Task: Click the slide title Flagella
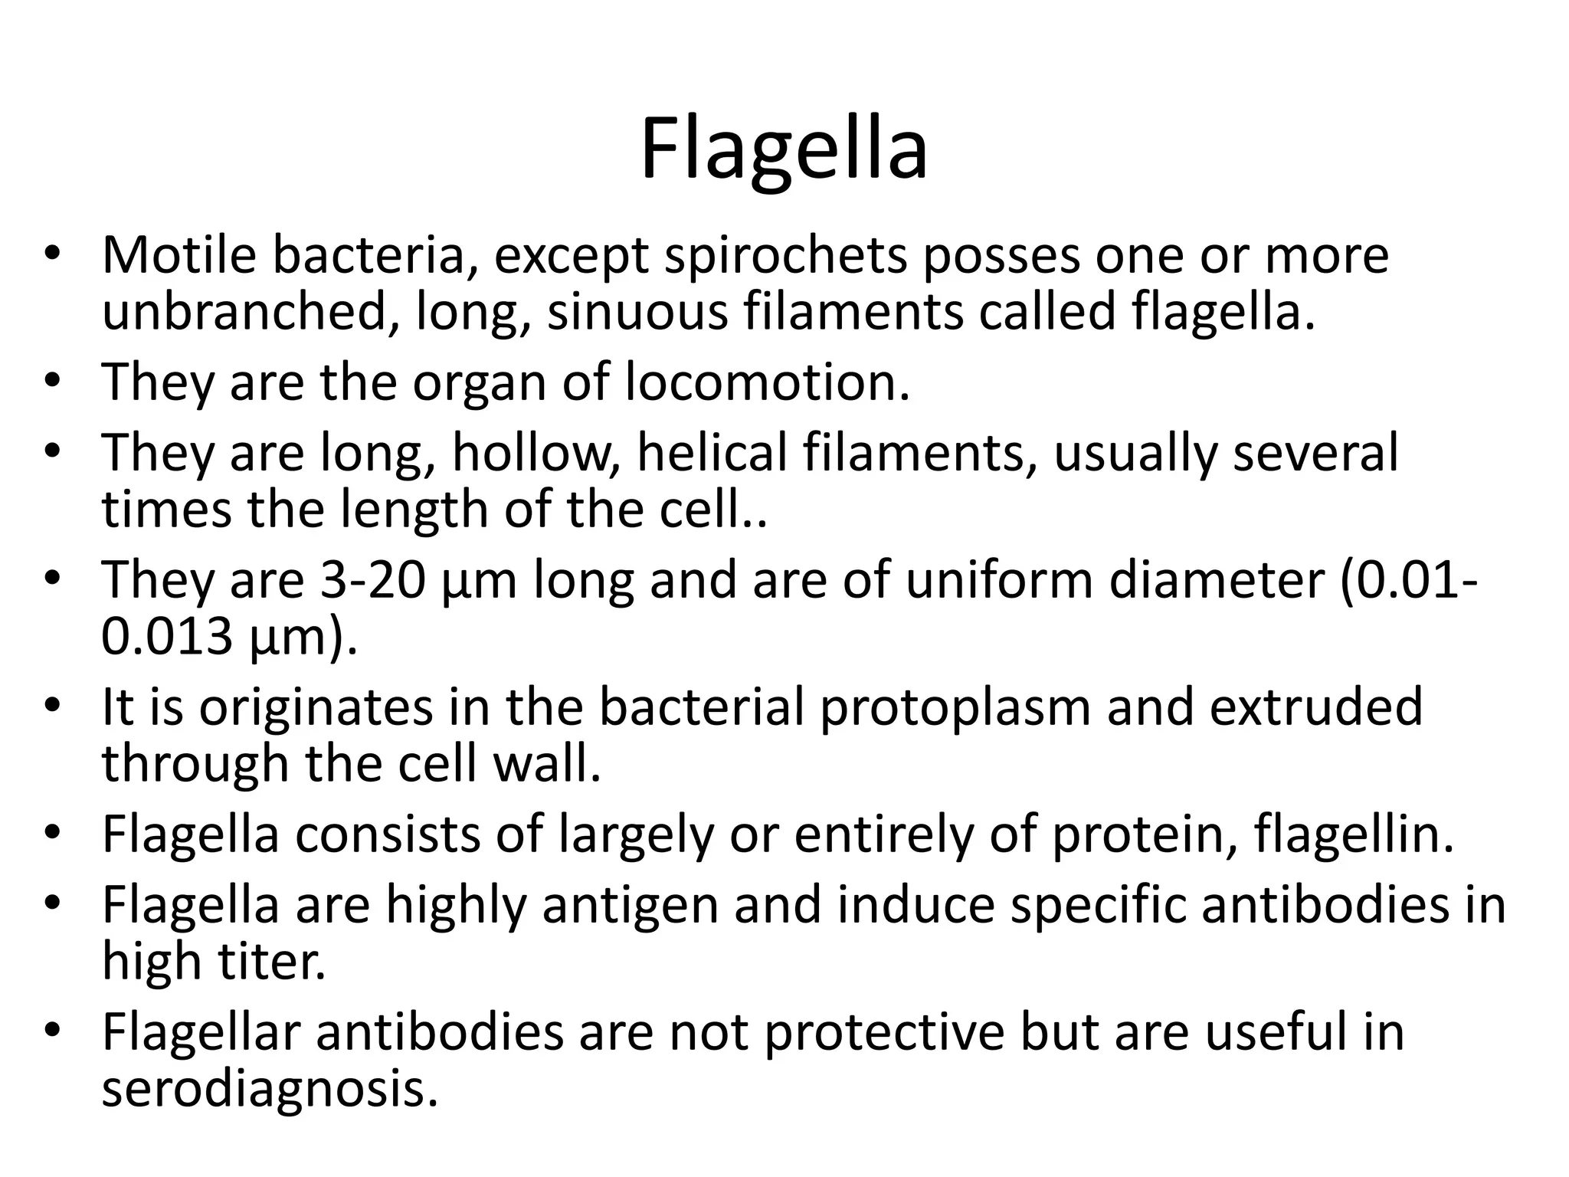(x=784, y=149)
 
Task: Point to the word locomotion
(x=767, y=382)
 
